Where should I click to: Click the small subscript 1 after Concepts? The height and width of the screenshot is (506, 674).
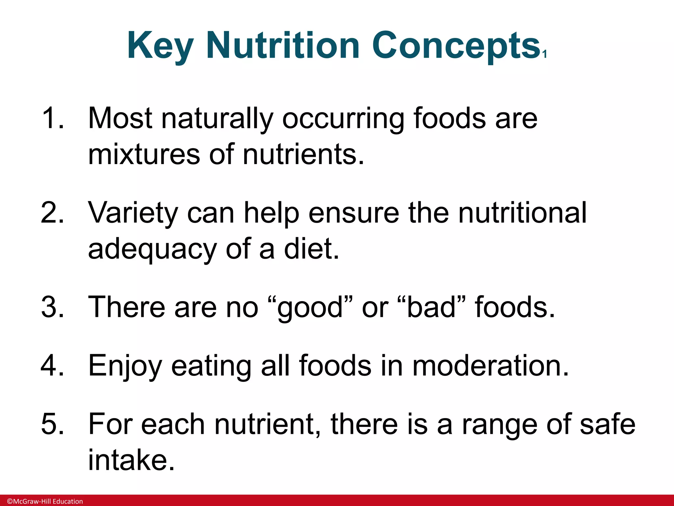click(x=545, y=54)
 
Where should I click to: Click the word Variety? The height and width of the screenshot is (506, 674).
click(x=133, y=213)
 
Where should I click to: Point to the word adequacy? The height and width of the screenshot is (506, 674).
click(x=152, y=249)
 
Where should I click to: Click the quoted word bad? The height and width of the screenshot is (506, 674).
click(x=432, y=307)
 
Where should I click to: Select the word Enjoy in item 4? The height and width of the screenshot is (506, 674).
click(x=125, y=366)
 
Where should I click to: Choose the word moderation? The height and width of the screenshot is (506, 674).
click(x=490, y=365)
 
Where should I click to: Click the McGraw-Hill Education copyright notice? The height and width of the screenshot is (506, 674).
click(x=45, y=501)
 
